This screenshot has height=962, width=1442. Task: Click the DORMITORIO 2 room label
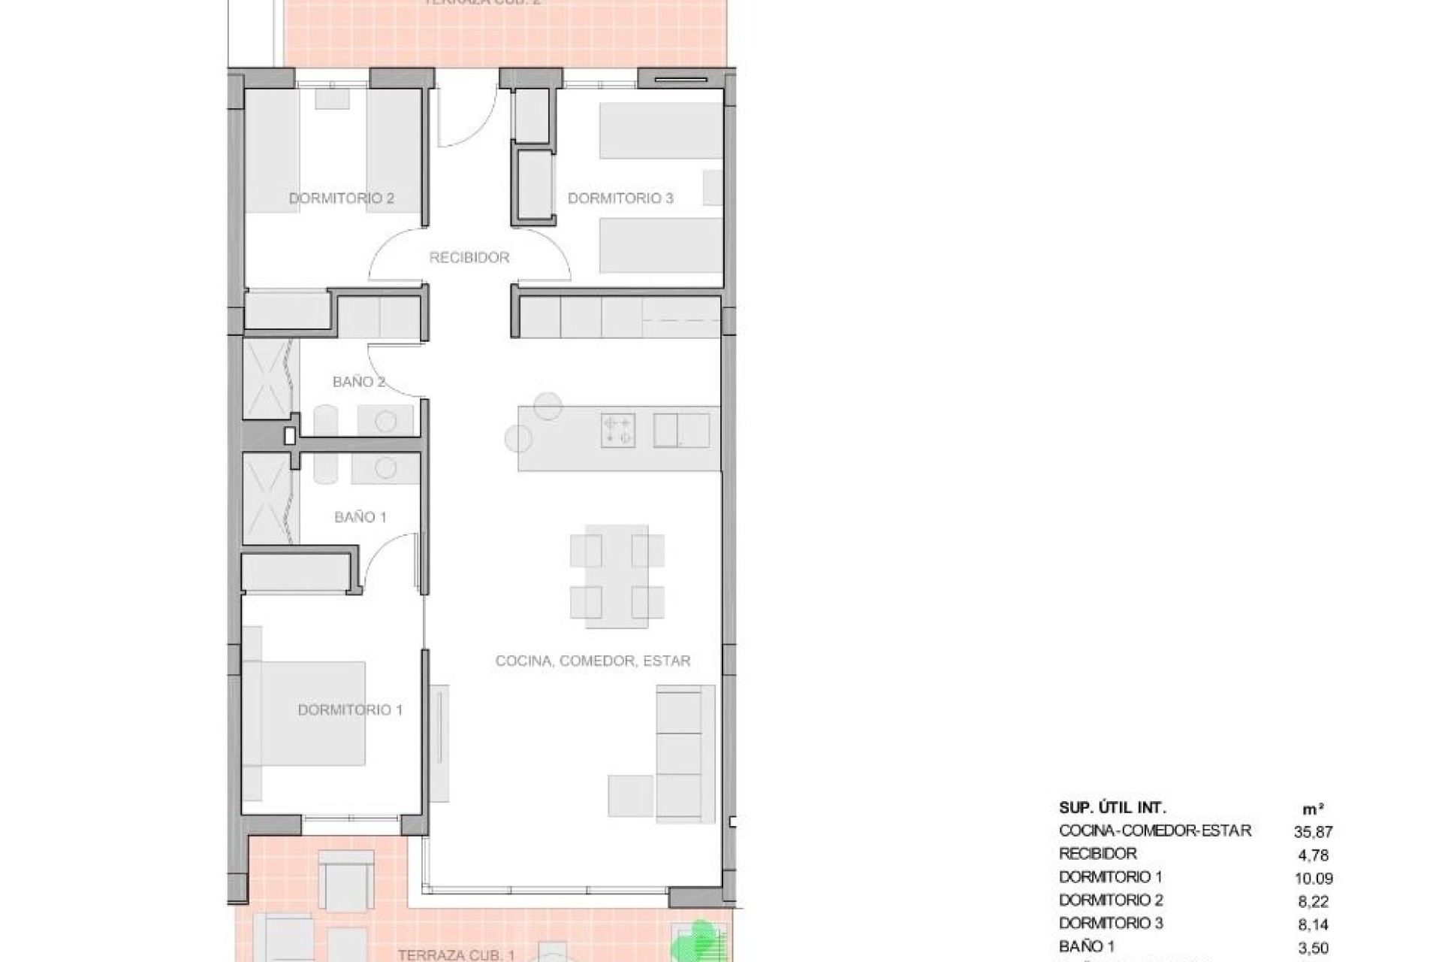point(342,198)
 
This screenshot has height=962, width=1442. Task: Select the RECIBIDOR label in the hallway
point(469,258)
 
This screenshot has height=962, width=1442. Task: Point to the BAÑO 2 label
point(358,382)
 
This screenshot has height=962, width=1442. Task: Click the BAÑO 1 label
point(360,517)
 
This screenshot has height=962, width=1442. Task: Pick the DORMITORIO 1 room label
point(350,710)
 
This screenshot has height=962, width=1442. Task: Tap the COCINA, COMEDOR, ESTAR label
point(593,661)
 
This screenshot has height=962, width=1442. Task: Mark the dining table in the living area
point(617,576)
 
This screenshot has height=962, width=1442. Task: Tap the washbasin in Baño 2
point(385,422)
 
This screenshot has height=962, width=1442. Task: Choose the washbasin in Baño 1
point(385,468)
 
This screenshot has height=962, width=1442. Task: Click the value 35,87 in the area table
point(1313,832)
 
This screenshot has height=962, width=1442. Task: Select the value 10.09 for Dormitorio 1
point(1313,878)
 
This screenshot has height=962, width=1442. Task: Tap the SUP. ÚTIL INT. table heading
point(1112,808)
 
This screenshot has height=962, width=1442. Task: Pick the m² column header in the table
point(1313,809)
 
